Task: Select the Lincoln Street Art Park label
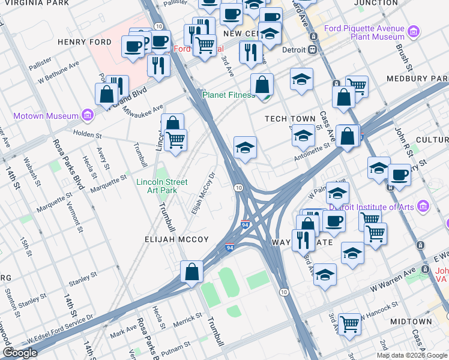click(161, 186)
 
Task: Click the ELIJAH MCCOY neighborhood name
click(176, 239)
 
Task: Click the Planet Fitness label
click(229, 95)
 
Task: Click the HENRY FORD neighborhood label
click(85, 42)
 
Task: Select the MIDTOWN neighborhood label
click(411, 322)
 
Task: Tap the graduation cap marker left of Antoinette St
click(244, 148)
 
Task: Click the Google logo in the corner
click(20, 352)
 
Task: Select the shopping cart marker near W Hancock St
click(349, 324)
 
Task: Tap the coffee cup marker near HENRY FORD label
click(133, 46)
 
